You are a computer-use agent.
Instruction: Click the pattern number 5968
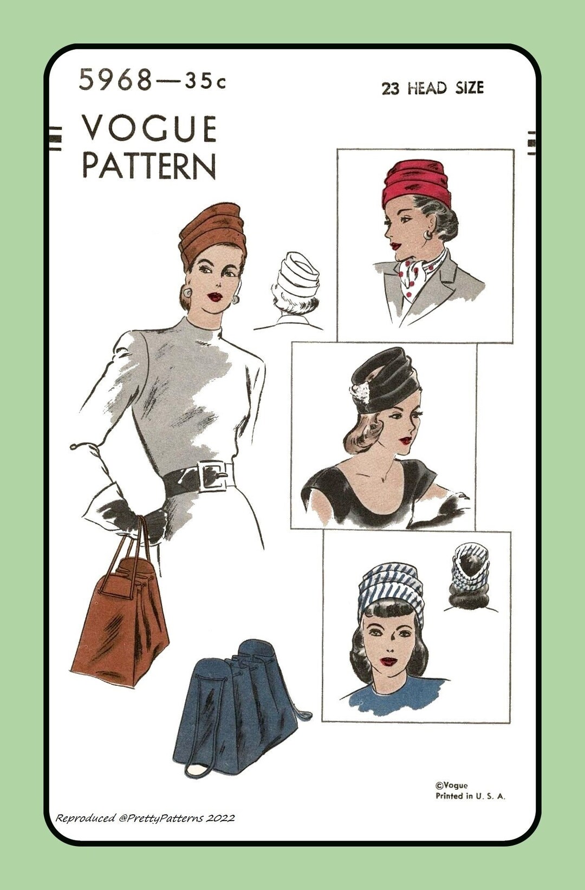pyautogui.click(x=115, y=80)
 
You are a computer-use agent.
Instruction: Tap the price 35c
pyautogui.click(x=205, y=81)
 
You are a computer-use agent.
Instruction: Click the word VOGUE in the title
pyautogui.click(x=149, y=129)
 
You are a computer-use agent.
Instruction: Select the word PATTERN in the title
pyautogui.click(x=149, y=166)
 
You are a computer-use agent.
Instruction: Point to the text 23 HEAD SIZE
pyautogui.click(x=432, y=88)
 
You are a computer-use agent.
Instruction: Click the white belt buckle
pyautogui.click(x=213, y=476)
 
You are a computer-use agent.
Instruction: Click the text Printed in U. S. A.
pyautogui.click(x=470, y=796)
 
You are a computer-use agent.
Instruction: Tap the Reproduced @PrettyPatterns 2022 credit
pyautogui.click(x=145, y=818)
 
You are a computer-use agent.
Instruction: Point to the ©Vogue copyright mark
pyautogui.click(x=451, y=785)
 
